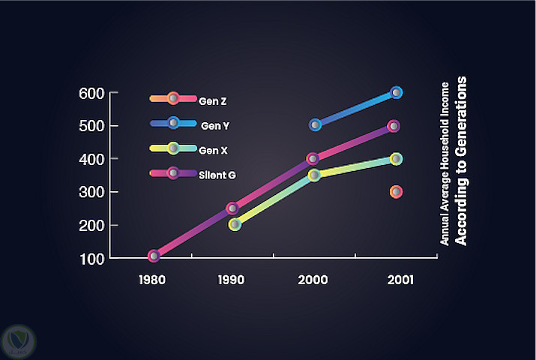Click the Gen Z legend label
tap(208, 98)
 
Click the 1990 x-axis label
tap(232, 281)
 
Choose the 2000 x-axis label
tap(313, 281)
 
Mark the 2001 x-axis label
tap(395, 281)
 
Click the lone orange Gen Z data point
tap(396, 192)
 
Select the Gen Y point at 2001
tap(397, 92)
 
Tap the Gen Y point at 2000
tap(316, 124)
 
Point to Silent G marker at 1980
tap(154, 256)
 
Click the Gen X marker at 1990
tap(235, 224)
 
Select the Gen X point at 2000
tap(314, 175)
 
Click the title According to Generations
tap(463, 160)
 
